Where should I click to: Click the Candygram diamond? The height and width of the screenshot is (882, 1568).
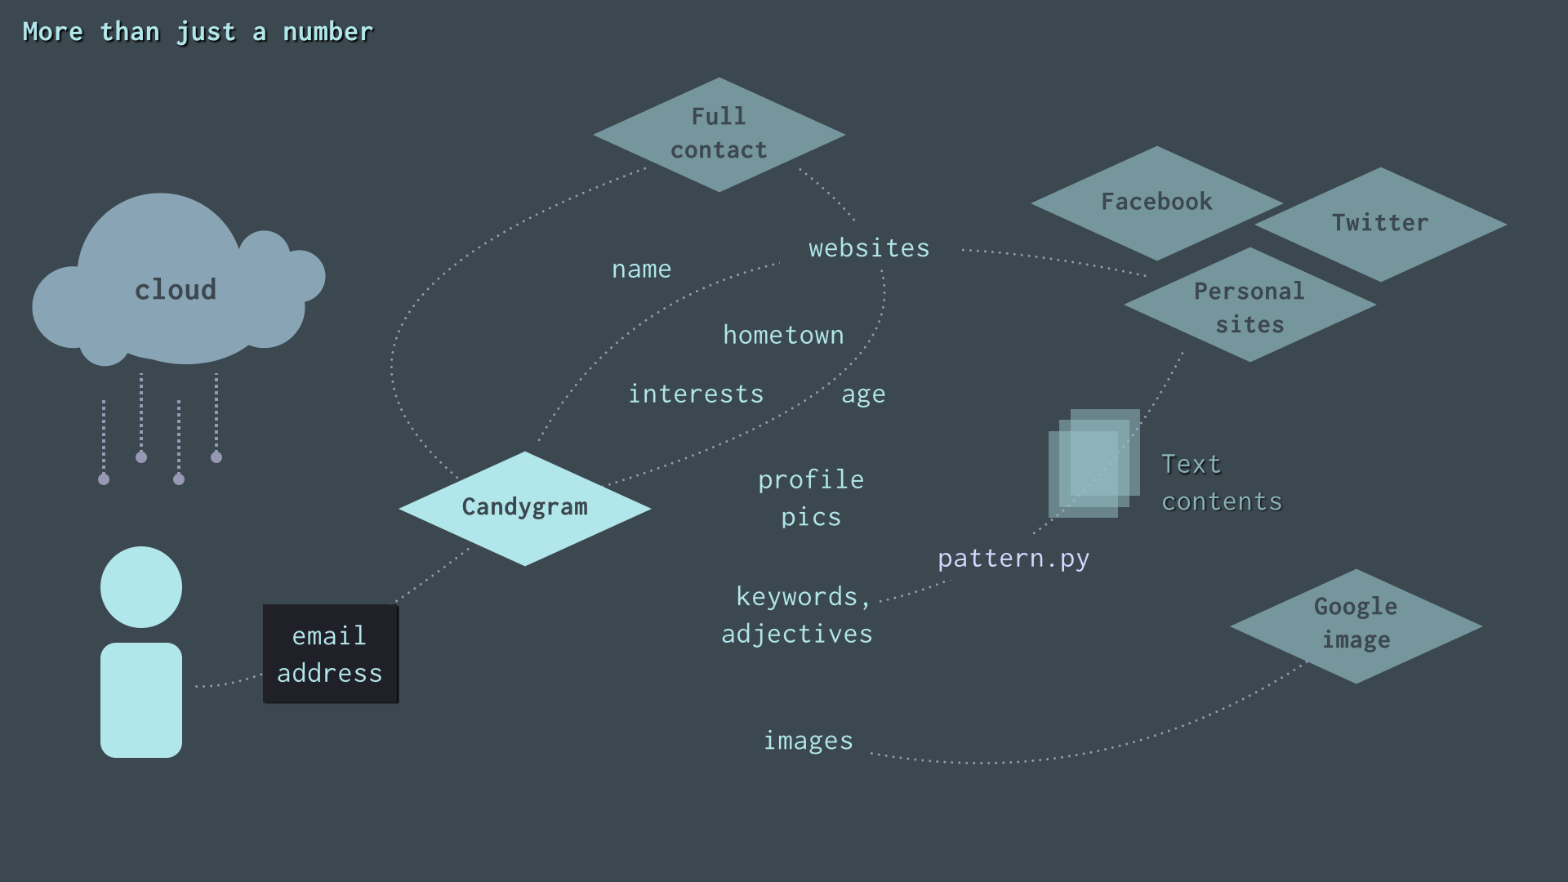pyautogui.click(x=524, y=508)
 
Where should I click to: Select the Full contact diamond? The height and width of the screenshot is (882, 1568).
pyautogui.click(x=719, y=135)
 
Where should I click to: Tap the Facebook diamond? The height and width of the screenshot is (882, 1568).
pyautogui.click(x=1156, y=203)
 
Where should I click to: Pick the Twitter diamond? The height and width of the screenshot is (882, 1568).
pyautogui.click(x=1380, y=224)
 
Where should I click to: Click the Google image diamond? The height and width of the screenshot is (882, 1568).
pyautogui.click(x=1356, y=626)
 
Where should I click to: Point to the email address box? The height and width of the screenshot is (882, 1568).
pyautogui.click(x=330, y=653)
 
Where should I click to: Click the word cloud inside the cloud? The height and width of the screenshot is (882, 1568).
pyautogui.click(x=176, y=290)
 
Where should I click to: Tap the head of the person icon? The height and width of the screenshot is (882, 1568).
pyautogui.click(x=141, y=587)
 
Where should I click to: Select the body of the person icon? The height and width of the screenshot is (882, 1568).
pyautogui.click(x=141, y=700)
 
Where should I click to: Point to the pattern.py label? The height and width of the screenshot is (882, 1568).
pyautogui.click(x=1013, y=559)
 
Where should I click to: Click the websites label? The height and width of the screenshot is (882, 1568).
pyautogui.click(x=869, y=248)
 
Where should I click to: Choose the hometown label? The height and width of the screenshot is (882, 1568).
pyautogui.click(x=783, y=335)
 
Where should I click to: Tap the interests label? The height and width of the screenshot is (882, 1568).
pyautogui.click(x=696, y=394)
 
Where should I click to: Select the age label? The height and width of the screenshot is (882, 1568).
pyautogui.click(x=863, y=395)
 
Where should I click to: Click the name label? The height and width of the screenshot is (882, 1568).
pyautogui.click(x=642, y=269)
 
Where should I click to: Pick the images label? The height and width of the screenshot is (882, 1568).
pyautogui.click(x=808, y=741)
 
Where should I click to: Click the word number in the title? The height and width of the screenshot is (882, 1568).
pyautogui.click(x=327, y=32)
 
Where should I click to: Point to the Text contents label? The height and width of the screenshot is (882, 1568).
pyautogui.click(x=1222, y=483)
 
